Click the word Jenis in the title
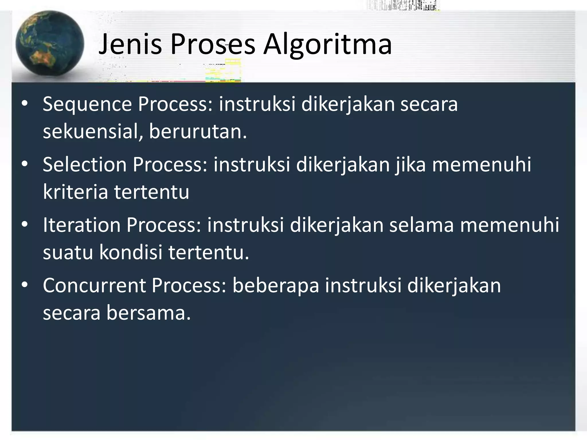coord(130,44)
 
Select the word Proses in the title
coord(213,44)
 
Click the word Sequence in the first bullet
coord(87,105)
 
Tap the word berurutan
coord(198,132)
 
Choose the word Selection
coord(85,165)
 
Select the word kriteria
coord(75,192)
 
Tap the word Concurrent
coord(94,286)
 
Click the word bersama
coord(148,313)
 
